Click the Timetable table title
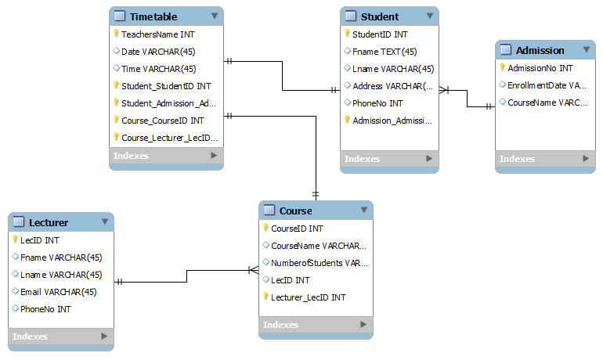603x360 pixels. tap(153, 16)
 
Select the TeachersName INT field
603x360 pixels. tap(158, 34)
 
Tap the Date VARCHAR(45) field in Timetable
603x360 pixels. tap(158, 52)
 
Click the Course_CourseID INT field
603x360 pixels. tap(163, 121)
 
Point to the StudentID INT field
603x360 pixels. tap(380, 34)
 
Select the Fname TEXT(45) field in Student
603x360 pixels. tap(385, 52)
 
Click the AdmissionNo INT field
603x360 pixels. tap(540, 68)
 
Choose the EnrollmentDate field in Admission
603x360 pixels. tap(547, 85)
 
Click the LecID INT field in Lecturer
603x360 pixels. tap(39, 240)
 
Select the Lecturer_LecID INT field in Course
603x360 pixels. tap(308, 297)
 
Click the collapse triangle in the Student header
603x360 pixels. tap(428, 16)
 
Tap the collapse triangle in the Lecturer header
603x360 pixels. tap(104, 222)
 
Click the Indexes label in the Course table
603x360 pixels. tap(280, 325)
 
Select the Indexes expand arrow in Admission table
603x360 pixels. tap(584, 159)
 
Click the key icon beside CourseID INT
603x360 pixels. tap(265, 229)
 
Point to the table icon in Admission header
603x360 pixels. tap(506, 50)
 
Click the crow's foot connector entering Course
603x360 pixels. tap(252, 270)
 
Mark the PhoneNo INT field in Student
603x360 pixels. tap(377, 103)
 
